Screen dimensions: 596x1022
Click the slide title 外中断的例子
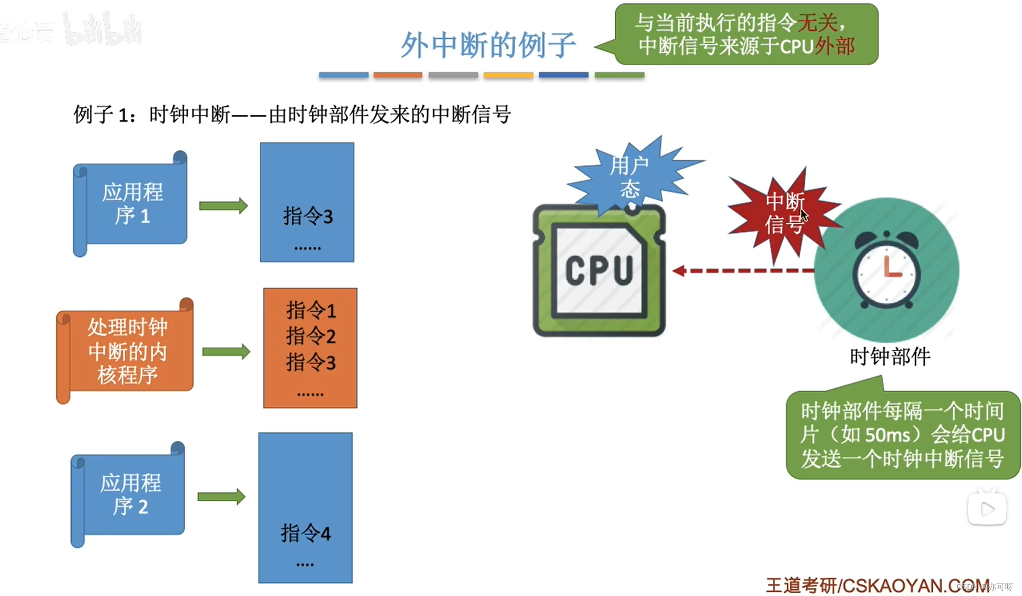(488, 45)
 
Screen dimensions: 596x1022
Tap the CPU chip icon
(599, 270)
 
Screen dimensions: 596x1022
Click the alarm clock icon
(887, 270)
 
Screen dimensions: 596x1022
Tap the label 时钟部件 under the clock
(890, 357)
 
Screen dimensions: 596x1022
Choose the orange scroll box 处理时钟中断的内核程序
(127, 351)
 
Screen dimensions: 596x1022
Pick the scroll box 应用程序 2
(130, 494)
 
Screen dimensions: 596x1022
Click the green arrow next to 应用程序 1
(223, 206)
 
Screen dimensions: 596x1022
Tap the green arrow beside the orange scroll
(226, 352)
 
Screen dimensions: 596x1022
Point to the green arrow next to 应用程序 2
(221, 497)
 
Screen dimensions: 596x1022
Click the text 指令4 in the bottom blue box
(305, 533)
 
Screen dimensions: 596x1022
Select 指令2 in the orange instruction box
(311, 336)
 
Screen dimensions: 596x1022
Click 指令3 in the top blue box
(308, 216)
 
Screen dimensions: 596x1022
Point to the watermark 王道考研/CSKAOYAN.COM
(876, 585)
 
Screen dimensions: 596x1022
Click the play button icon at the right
(987, 509)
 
